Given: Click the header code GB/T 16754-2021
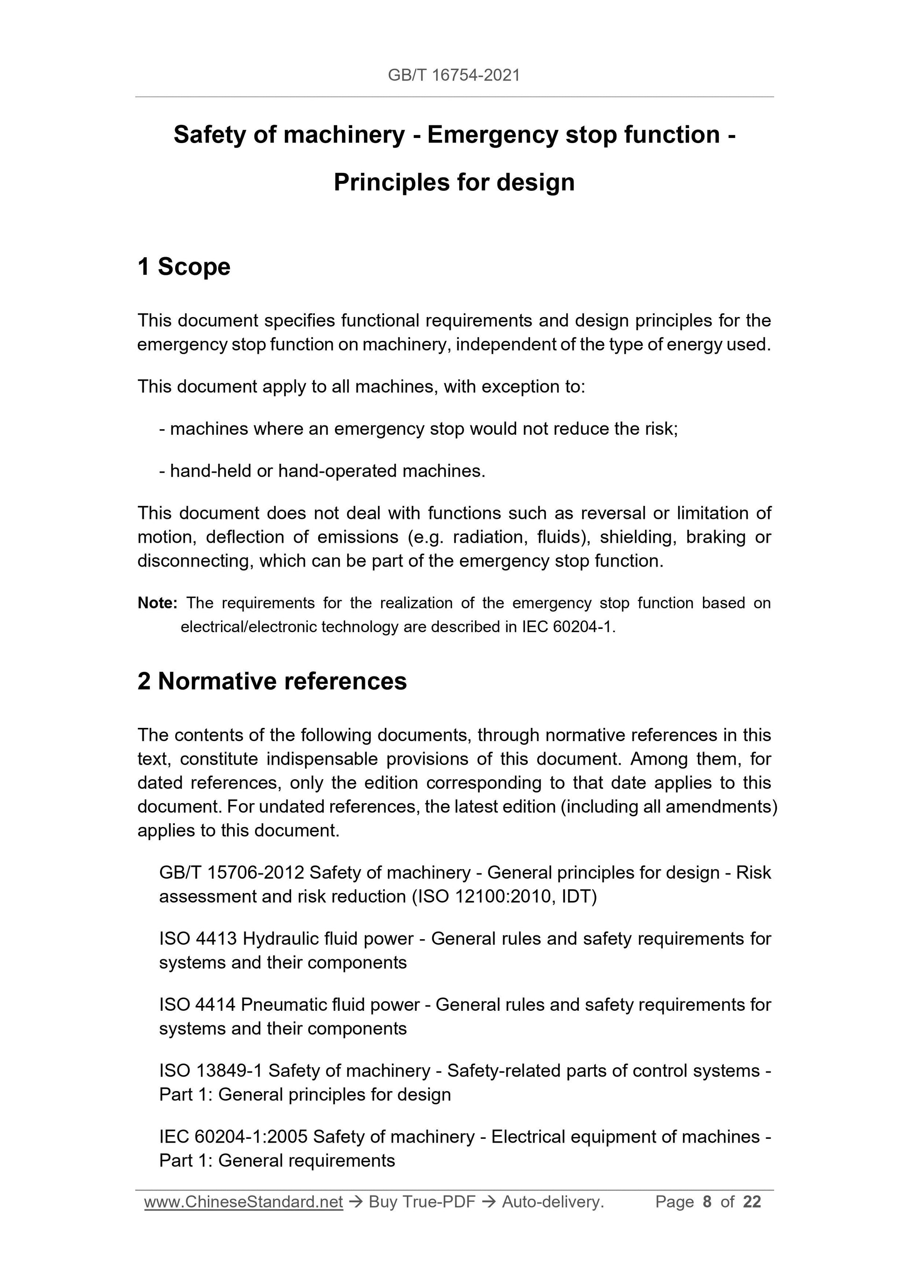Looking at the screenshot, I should click(454, 75).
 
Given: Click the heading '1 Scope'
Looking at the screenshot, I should click(184, 267).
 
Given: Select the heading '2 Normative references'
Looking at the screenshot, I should click(272, 682).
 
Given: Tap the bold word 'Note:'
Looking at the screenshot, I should click(157, 603).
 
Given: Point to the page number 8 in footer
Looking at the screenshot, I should click(707, 1202).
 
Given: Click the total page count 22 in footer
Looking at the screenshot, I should click(752, 1202).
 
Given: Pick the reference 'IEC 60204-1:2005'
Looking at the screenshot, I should click(233, 1137).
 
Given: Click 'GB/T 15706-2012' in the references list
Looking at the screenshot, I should click(231, 873).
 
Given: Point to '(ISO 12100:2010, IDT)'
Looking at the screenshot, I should click(504, 897).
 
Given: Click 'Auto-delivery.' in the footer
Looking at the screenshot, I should click(553, 1202).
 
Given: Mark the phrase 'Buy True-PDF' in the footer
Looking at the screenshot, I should click(422, 1202).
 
